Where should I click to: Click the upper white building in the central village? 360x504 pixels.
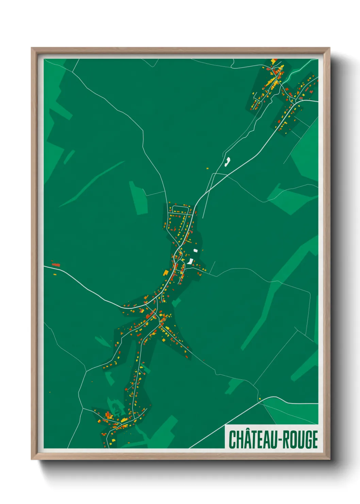pyautogui.click(x=195, y=251)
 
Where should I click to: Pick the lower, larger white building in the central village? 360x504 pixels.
pyautogui.click(x=190, y=262)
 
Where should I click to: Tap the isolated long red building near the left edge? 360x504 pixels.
pyautogui.click(x=56, y=264)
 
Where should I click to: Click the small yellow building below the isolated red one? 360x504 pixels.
pyautogui.click(x=54, y=274)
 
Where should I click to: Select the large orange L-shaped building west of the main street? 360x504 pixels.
pyautogui.click(x=166, y=273)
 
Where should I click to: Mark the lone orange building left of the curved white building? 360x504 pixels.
pyautogui.click(x=207, y=168)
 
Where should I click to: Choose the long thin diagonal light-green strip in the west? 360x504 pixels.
pyautogui.click(x=92, y=184)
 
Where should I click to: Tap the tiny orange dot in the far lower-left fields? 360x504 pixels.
pyautogui.click(x=50, y=392)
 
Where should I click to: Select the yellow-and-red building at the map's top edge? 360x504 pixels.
pyautogui.click(x=274, y=61)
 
